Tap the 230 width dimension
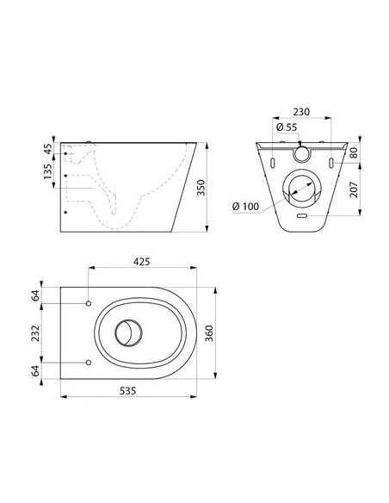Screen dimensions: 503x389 pyautogui.click(x=301, y=112)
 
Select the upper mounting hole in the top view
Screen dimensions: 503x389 pyautogui.click(x=89, y=303)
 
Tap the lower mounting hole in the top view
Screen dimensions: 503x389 pyautogui.click(x=89, y=362)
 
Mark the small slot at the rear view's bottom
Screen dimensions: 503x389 pyautogui.click(x=301, y=217)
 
